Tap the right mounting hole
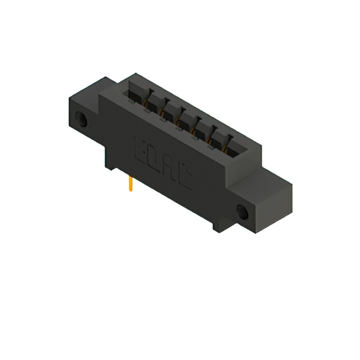pyautogui.click(x=243, y=212)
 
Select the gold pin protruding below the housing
pyautogui.click(x=130, y=183)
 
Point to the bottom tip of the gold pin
pyautogui.click(x=130, y=191)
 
